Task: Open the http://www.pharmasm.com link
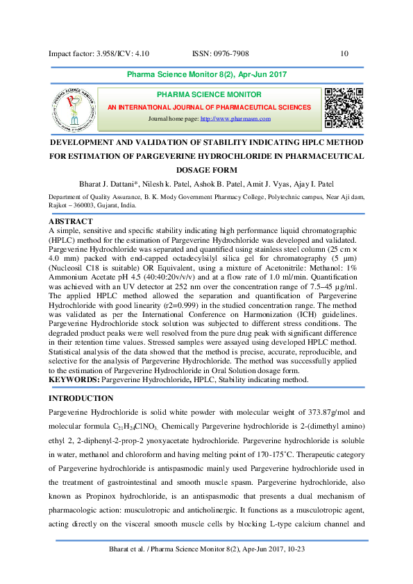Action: click(x=235, y=119)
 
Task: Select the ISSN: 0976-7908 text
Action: click(x=220, y=54)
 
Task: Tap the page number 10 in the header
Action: click(x=345, y=54)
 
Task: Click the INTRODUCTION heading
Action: click(x=81, y=398)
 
